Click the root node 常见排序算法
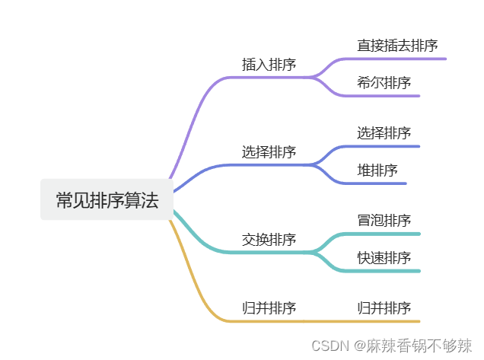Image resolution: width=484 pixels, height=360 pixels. pyautogui.click(x=107, y=200)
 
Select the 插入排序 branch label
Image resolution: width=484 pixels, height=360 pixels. pyautogui.click(x=269, y=65)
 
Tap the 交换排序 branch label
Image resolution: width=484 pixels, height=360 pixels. pyautogui.click(x=269, y=240)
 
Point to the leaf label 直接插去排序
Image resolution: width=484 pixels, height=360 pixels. pyautogui.click(x=397, y=46)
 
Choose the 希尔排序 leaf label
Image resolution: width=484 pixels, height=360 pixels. pyautogui.click(x=384, y=82)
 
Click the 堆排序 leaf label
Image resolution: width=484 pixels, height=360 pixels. pyautogui.click(x=377, y=170)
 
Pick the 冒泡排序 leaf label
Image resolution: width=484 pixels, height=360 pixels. pyautogui.click(x=384, y=221)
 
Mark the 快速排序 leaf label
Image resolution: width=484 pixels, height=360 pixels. pyautogui.click(x=384, y=258)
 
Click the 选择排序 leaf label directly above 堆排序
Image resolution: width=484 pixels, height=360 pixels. pyautogui.click(x=384, y=133)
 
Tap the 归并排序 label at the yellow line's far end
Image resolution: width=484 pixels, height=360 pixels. pyautogui.click(x=384, y=308)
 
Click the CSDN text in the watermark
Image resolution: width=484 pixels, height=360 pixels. pyautogui.click(x=329, y=346)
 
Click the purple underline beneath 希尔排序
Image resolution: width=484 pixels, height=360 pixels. pyautogui.click(x=388, y=96)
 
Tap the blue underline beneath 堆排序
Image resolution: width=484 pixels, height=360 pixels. pyautogui.click(x=381, y=183)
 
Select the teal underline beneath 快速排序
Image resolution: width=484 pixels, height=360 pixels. pyautogui.click(x=388, y=271)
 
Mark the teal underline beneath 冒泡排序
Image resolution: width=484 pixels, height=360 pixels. pyautogui.click(x=388, y=234)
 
